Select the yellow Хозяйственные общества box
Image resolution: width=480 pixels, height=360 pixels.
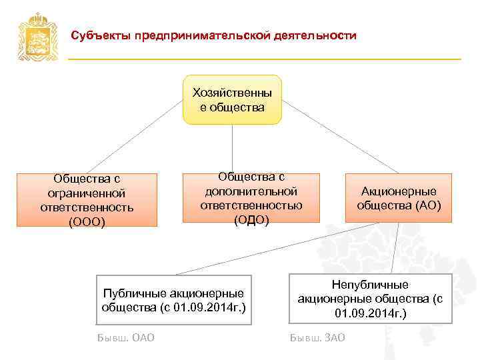point(232,99)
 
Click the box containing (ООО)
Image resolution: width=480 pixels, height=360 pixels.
point(87,200)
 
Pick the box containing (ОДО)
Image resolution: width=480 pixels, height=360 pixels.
point(251,198)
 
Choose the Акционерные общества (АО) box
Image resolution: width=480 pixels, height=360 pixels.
point(398,197)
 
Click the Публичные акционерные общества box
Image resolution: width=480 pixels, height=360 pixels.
point(174,300)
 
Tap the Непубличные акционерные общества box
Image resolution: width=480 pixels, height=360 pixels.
point(370,299)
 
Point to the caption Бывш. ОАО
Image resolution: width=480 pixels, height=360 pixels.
point(126,337)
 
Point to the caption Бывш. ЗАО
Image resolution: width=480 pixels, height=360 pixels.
point(317,337)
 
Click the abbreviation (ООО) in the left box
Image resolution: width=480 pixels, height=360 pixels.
point(87,221)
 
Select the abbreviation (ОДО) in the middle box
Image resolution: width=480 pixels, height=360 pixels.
point(251,219)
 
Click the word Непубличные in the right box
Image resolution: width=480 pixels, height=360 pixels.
point(370,285)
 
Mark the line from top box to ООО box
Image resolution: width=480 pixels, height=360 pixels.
point(133,139)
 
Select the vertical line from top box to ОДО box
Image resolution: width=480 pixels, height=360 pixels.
point(232,148)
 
